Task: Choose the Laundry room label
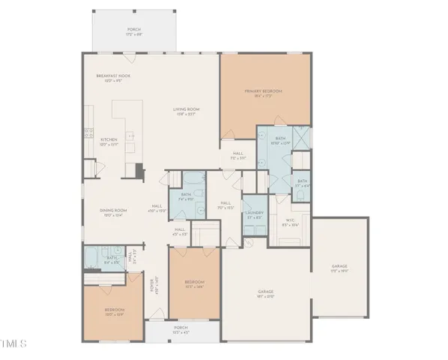254,215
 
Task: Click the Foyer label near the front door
156,283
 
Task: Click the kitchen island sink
130,136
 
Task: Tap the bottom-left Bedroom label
114,311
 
